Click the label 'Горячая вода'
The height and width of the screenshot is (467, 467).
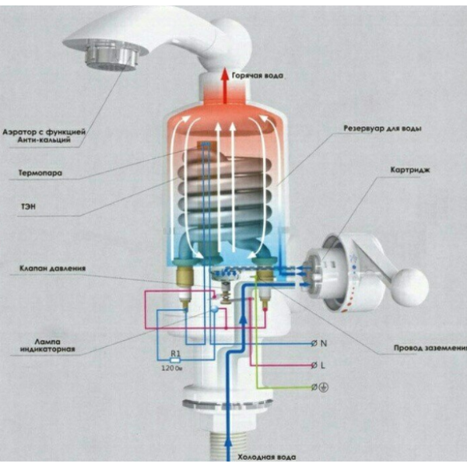tap(258, 75)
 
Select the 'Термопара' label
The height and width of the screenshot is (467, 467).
tap(40, 173)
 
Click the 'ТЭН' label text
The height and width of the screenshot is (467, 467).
tap(28, 206)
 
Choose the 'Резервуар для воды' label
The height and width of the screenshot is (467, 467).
tap(382, 128)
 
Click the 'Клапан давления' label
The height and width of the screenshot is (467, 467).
tap(52, 269)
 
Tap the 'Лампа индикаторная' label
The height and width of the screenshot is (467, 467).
tap(47, 346)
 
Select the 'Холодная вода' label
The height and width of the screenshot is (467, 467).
tap(267, 457)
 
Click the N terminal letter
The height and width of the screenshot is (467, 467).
tap(324, 343)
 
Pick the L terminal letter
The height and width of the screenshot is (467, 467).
tap(323, 365)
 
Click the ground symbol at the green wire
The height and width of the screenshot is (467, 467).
tap(324, 387)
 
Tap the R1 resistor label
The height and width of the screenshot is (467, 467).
tap(176, 353)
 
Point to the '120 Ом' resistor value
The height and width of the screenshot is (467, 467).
tap(172, 368)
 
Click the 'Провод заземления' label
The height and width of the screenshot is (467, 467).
tap(430, 348)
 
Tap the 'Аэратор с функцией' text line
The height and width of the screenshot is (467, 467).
tap(44, 132)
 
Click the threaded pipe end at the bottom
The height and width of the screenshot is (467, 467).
tap(228, 444)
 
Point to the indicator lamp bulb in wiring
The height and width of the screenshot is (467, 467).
tap(214, 310)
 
